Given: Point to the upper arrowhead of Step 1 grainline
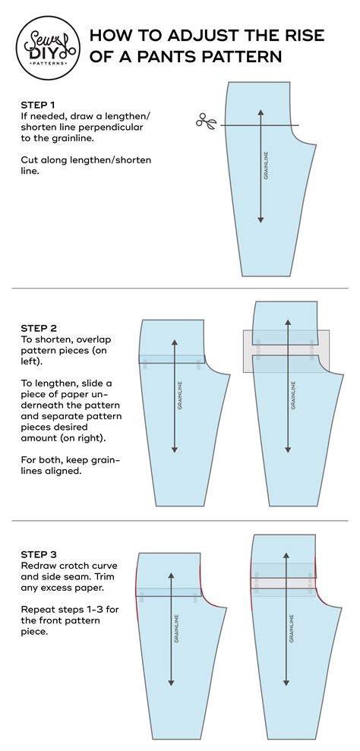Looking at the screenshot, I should (x=261, y=112).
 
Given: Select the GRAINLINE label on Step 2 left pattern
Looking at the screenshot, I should (x=180, y=395).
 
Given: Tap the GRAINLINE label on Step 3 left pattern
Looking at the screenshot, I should (x=176, y=627).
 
